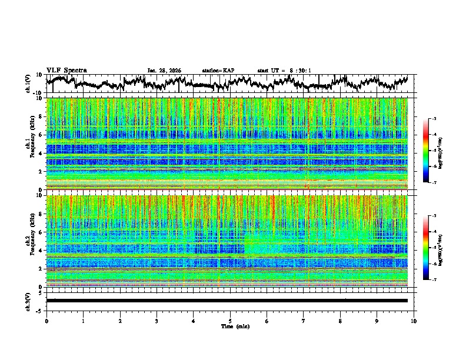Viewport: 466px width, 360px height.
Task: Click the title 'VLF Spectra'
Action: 66,70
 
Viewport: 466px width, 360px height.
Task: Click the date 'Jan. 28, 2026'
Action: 164,71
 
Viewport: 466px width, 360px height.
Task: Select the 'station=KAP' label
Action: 218,71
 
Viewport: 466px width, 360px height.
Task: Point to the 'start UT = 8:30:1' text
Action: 284,71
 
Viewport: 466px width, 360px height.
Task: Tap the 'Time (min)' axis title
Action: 230,326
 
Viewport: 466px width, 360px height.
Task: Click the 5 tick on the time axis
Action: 230,321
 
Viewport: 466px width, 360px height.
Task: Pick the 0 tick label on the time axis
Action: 46,321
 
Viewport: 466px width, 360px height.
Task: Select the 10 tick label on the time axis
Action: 414,321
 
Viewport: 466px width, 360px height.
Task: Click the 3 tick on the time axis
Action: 157,321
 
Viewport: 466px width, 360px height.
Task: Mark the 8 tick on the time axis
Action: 340,321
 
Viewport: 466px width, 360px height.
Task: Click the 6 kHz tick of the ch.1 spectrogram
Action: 41,135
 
